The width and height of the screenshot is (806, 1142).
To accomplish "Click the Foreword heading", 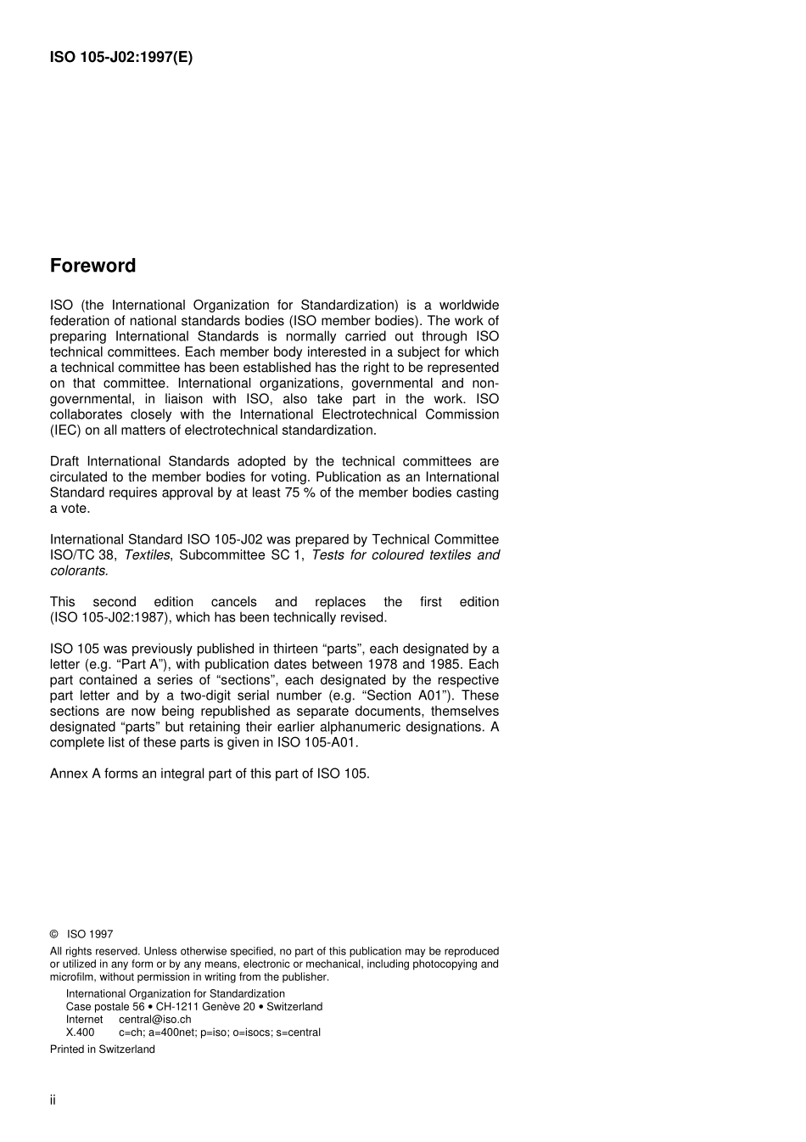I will click(x=92, y=266).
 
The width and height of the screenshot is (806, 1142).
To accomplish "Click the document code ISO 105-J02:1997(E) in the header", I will click(x=121, y=58).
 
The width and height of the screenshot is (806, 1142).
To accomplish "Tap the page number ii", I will click(x=53, y=1100).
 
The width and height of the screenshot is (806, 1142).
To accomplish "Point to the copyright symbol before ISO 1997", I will click(x=54, y=934).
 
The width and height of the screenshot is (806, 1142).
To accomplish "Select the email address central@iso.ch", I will click(x=154, y=1020).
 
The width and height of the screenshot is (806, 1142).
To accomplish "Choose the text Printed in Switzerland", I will click(x=103, y=1049).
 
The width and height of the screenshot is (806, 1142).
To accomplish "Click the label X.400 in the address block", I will click(x=81, y=1032).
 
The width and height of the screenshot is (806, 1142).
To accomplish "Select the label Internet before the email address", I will click(x=85, y=1020).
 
